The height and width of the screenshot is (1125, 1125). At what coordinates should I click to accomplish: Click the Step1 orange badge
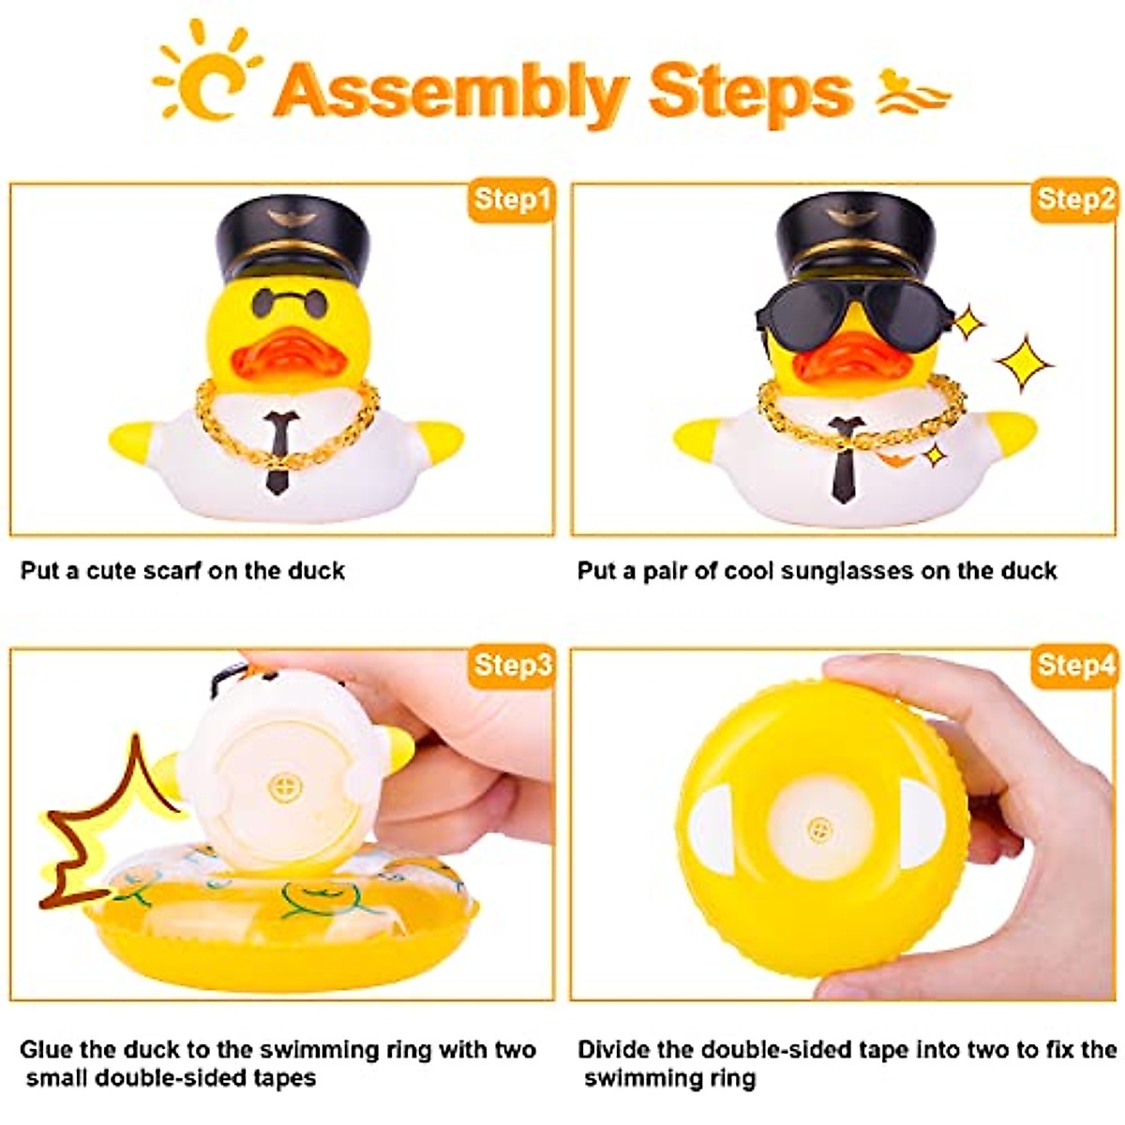coord(511,200)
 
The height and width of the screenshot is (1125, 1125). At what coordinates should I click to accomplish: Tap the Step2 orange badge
coord(1075,200)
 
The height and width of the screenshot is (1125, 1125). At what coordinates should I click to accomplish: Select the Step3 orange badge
coord(511,665)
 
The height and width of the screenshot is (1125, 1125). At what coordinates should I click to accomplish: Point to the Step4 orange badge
coord(1075,665)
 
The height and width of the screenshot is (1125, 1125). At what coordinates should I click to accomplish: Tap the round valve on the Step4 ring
coord(820,830)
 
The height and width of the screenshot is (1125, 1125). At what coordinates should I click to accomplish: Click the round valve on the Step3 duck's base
coord(281,786)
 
